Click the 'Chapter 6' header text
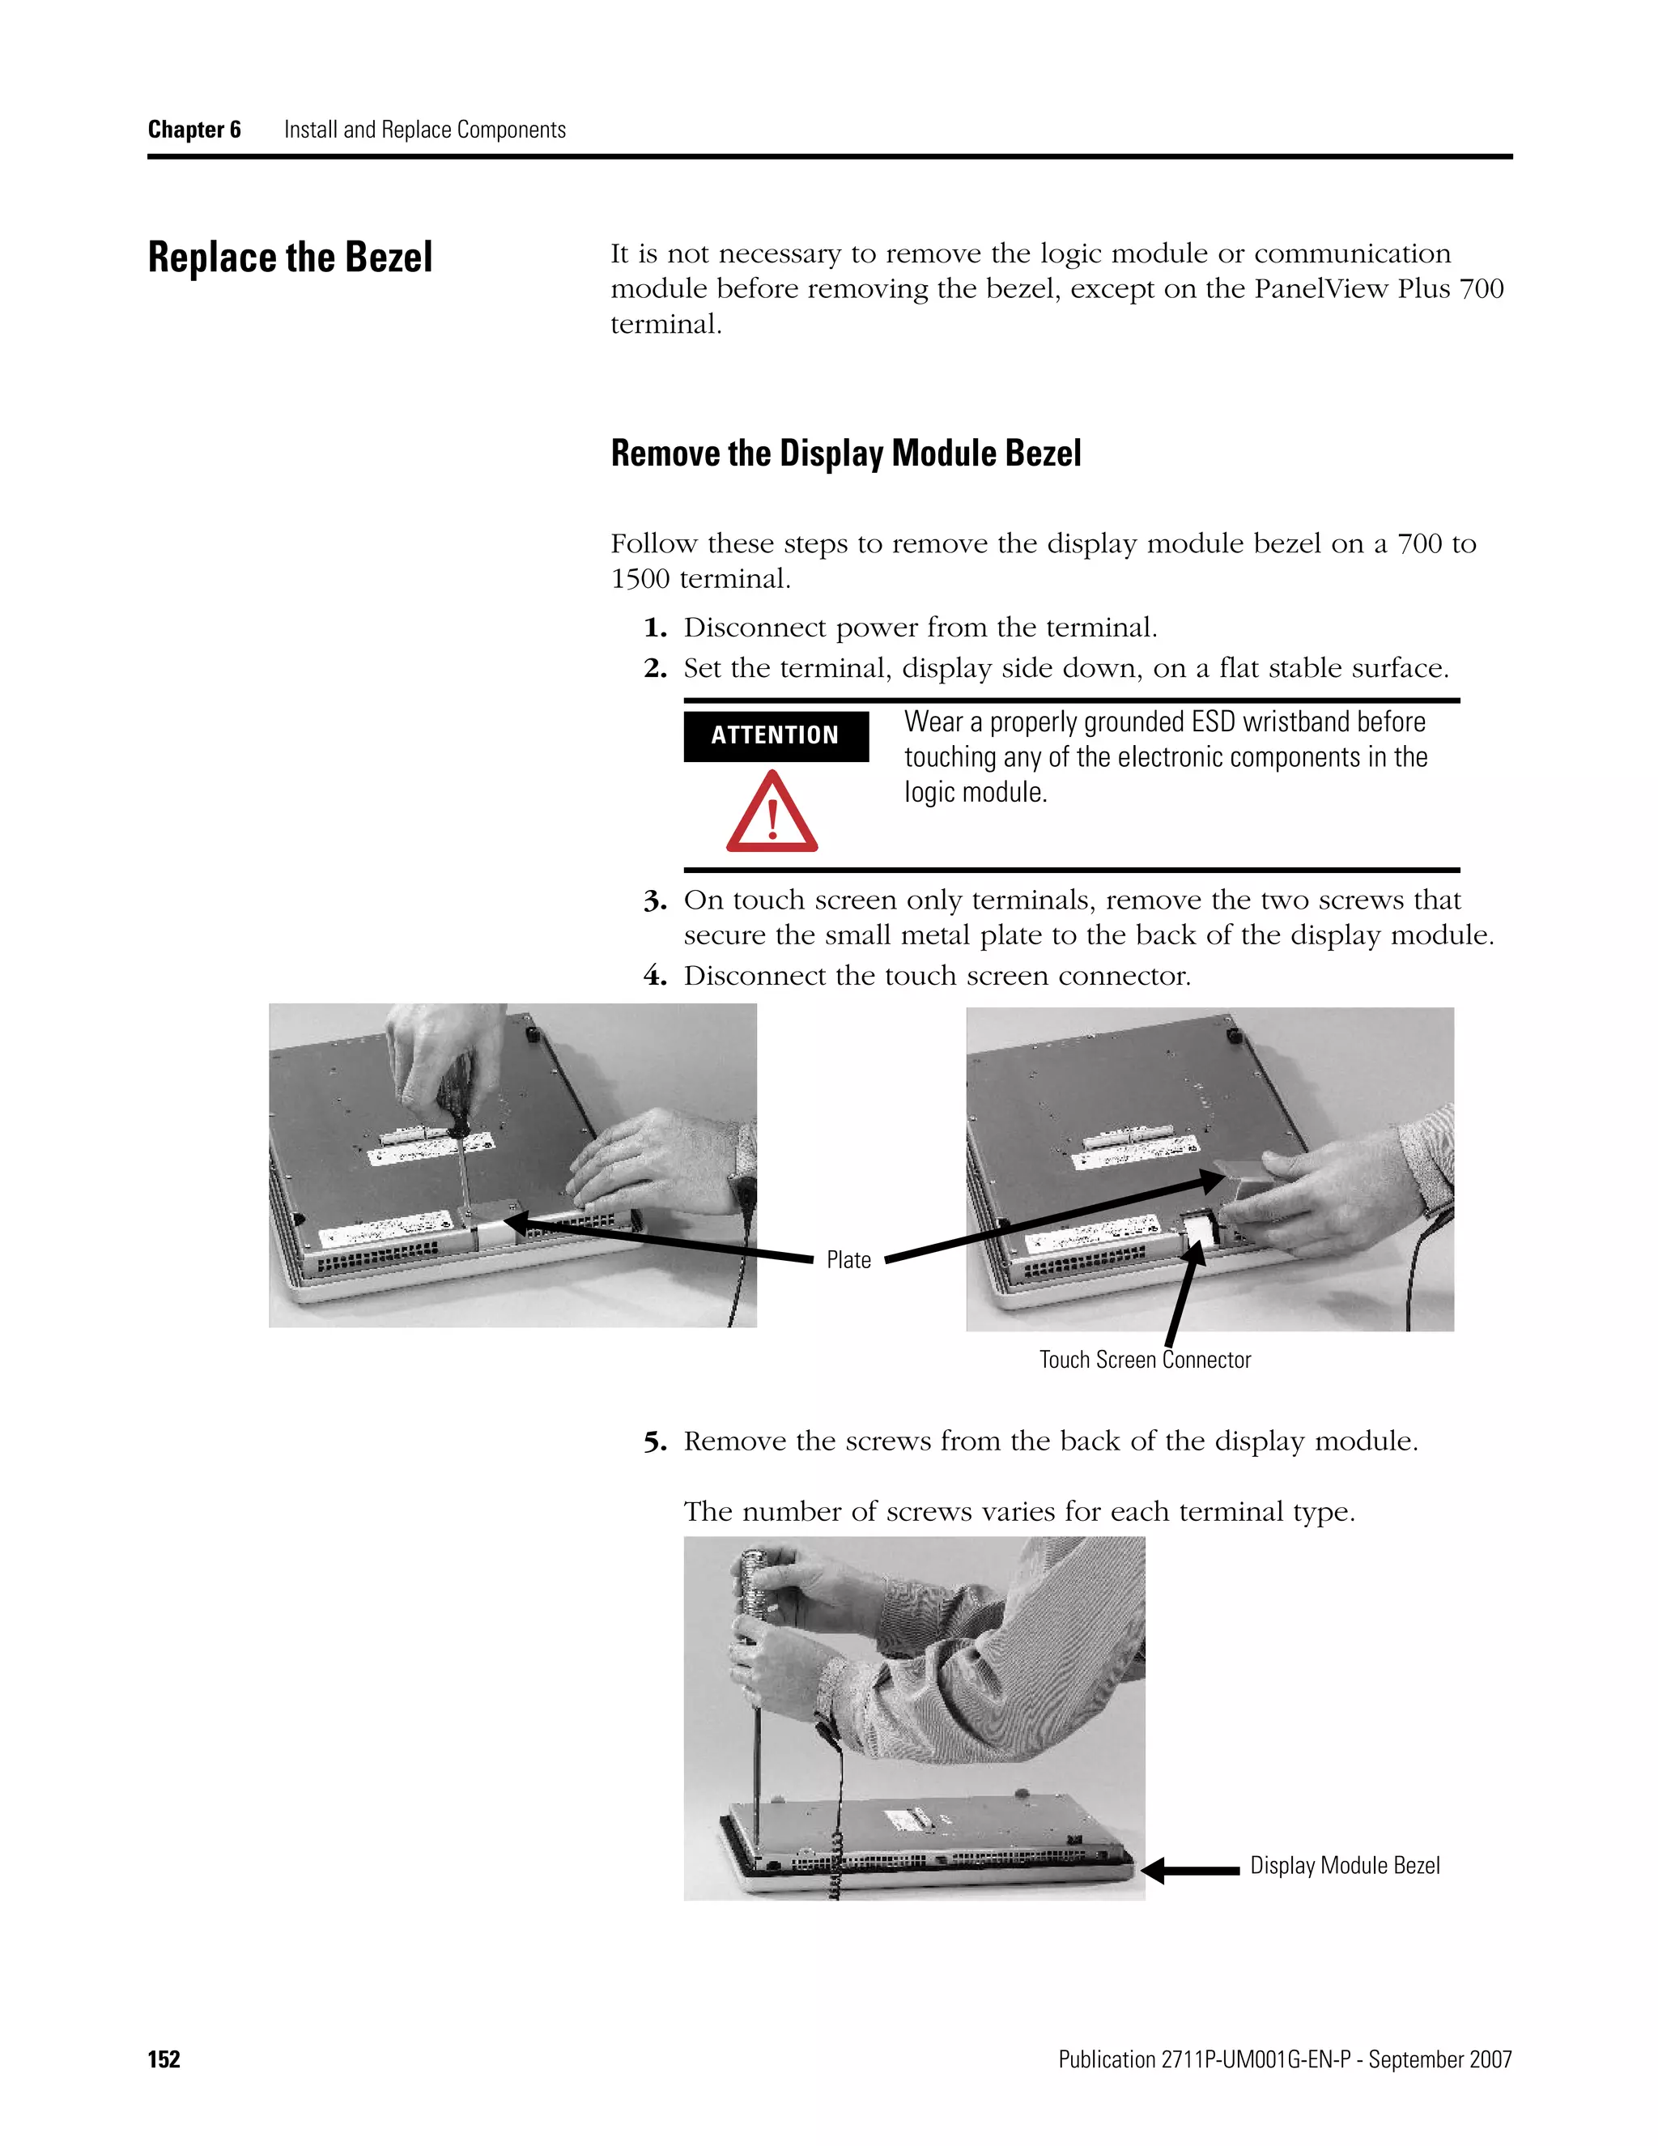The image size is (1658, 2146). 193,130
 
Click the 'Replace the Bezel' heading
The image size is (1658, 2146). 290,258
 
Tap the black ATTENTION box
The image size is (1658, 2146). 775,735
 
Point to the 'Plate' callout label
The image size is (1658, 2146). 848,1260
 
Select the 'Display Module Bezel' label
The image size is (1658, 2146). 1344,1865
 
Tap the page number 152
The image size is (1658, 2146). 164,2059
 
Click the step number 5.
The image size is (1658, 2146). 654,1442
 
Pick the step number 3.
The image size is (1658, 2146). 654,901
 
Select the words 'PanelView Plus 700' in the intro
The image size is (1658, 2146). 1378,289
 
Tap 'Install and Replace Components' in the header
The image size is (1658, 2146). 424,130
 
